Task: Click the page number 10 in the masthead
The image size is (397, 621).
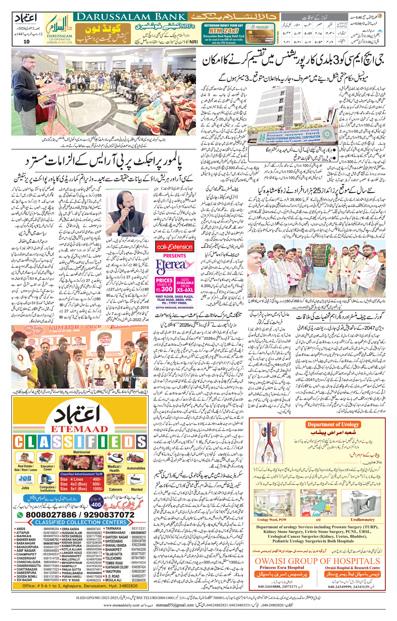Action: pyautogui.click(x=27, y=42)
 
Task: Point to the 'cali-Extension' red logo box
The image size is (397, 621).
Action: pyautogui.click(x=174, y=247)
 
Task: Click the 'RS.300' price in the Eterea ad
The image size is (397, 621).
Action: pyautogui.click(x=164, y=289)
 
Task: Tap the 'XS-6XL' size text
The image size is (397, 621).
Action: pyautogui.click(x=185, y=290)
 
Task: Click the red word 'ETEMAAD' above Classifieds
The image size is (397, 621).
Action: pyautogui.click(x=79, y=429)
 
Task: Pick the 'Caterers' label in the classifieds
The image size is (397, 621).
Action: pyautogui.click(x=115, y=489)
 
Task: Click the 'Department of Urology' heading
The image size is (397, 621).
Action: pyautogui.click(x=333, y=425)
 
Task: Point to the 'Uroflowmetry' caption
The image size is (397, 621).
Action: pyautogui.click(x=363, y=512)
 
